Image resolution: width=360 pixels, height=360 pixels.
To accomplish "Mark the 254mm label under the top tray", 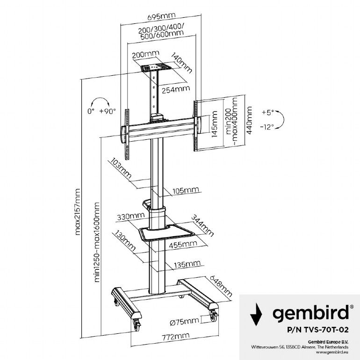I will (175, 88).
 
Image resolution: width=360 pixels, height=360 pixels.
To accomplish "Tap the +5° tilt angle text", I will (267, 112).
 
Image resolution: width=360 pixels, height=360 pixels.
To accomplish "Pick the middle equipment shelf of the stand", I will (166, 232).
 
